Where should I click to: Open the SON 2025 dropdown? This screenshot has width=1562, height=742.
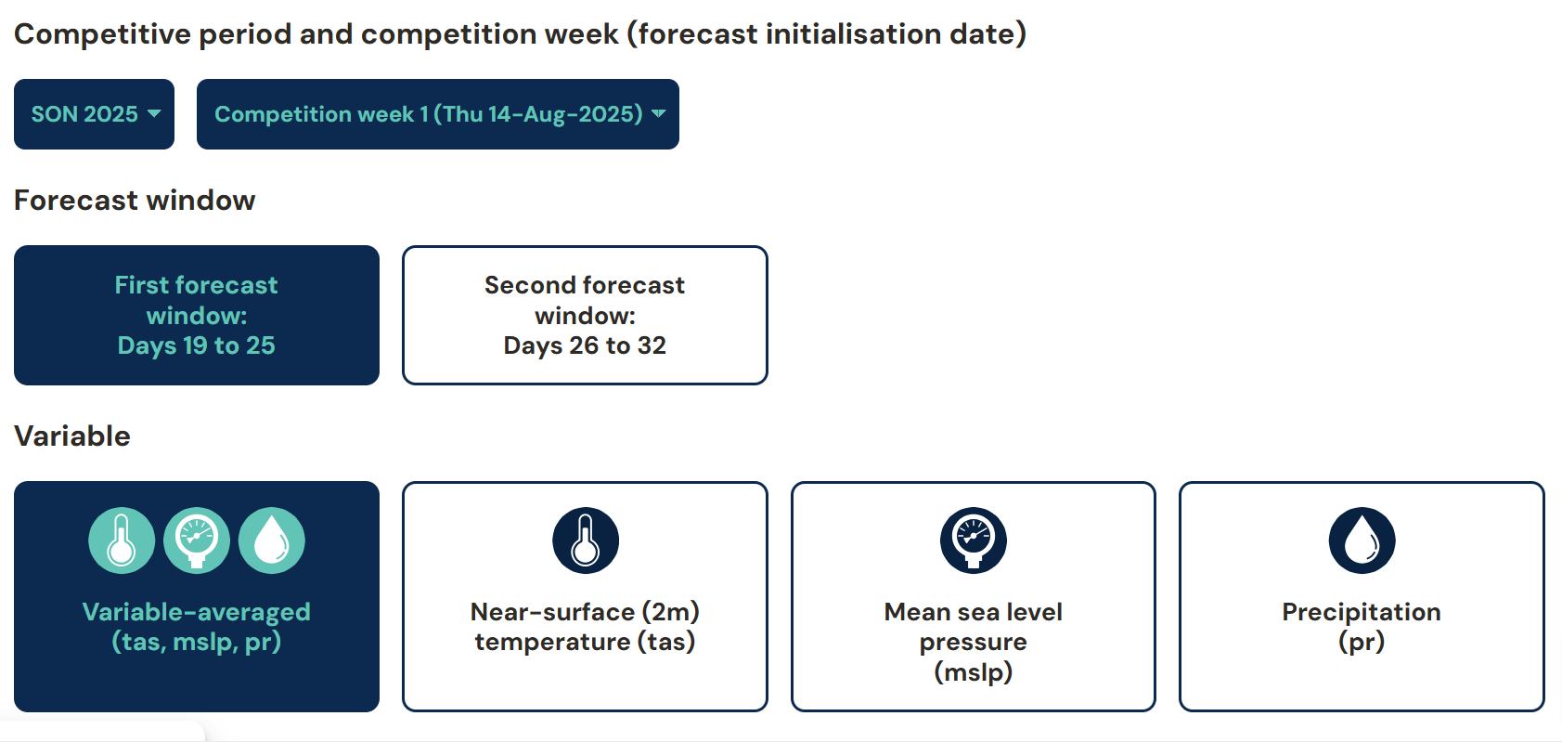[x=94, y=114]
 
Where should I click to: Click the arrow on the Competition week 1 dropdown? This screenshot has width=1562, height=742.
[x=658, y=114]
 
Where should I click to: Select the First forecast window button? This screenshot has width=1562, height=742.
[x=197, y=315]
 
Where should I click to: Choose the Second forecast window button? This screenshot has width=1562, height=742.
[x=585, y=315]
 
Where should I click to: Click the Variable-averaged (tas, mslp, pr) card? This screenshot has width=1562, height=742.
[x=197, y=597]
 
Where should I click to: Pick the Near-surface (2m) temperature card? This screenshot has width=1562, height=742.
[x=585, y=597]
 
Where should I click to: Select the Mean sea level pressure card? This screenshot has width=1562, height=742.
[x=974, y=597]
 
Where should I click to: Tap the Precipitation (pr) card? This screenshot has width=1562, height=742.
[x=1362, y=597]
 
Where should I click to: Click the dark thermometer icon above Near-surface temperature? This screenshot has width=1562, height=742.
[x=586, y=540]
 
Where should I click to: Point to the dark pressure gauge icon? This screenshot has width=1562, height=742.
[x=974, y=540]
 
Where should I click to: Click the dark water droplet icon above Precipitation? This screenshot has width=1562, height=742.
[x=1362, y=540]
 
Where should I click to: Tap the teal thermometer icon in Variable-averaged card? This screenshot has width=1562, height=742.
[x=122, y=540]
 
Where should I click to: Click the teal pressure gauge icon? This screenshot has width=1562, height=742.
[x=197, y=540]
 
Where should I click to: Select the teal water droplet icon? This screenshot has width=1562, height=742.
[x=272, y=540]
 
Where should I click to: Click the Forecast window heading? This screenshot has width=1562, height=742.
[x=135, y=201]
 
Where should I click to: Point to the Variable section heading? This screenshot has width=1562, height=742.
[x=72, y=436]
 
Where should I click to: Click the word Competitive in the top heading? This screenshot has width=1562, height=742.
[x=102, y=34]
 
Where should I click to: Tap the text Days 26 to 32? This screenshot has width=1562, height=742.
[x=585, y=345]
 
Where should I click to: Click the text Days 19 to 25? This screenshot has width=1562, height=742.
[x=197, y=345]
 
